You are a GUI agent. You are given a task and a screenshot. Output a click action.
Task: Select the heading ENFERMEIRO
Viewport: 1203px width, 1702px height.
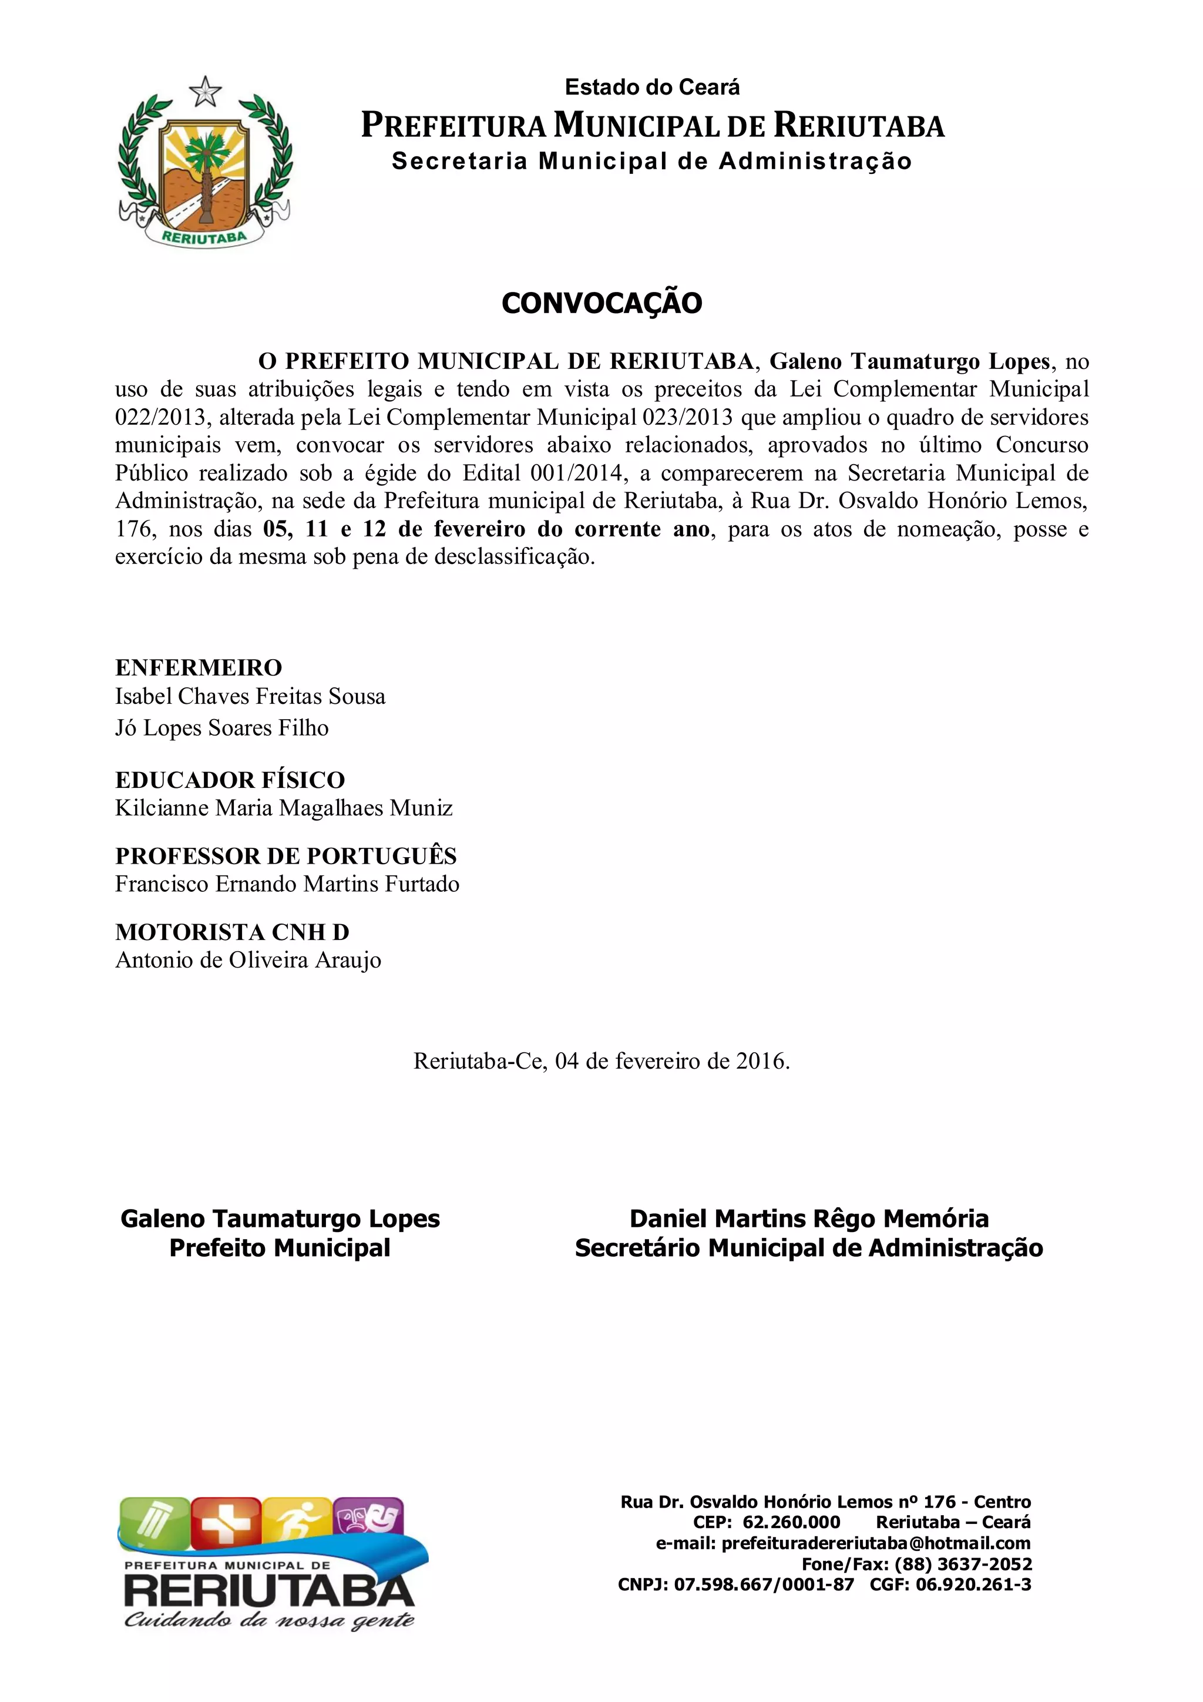[199, 667]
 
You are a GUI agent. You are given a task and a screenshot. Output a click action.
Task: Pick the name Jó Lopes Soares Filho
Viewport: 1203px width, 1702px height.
[221, 728]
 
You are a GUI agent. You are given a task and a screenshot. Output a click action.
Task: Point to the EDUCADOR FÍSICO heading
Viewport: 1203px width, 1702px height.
[230, 780]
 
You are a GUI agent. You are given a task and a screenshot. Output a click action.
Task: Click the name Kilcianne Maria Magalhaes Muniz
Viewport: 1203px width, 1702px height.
[284, 808]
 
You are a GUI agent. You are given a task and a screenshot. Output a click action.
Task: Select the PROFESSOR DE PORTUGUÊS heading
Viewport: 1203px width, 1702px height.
[286, 855]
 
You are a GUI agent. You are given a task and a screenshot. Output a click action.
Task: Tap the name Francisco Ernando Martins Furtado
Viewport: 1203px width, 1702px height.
[288, 884]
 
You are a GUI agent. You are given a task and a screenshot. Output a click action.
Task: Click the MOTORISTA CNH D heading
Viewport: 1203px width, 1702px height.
[232, 932]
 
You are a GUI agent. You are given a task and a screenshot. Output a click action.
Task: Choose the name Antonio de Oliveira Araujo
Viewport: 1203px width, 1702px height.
[248, 960]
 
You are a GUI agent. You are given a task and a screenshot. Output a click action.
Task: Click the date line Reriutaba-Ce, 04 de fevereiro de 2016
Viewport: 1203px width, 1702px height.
[601, 1061]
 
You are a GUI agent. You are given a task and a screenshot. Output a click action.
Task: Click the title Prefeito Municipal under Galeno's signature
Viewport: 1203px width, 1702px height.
[280, 1248]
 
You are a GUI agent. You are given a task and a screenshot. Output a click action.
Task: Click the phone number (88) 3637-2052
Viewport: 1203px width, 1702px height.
[963, 1564]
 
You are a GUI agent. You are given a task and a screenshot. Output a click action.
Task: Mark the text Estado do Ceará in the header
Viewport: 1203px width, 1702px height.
[652, 88]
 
